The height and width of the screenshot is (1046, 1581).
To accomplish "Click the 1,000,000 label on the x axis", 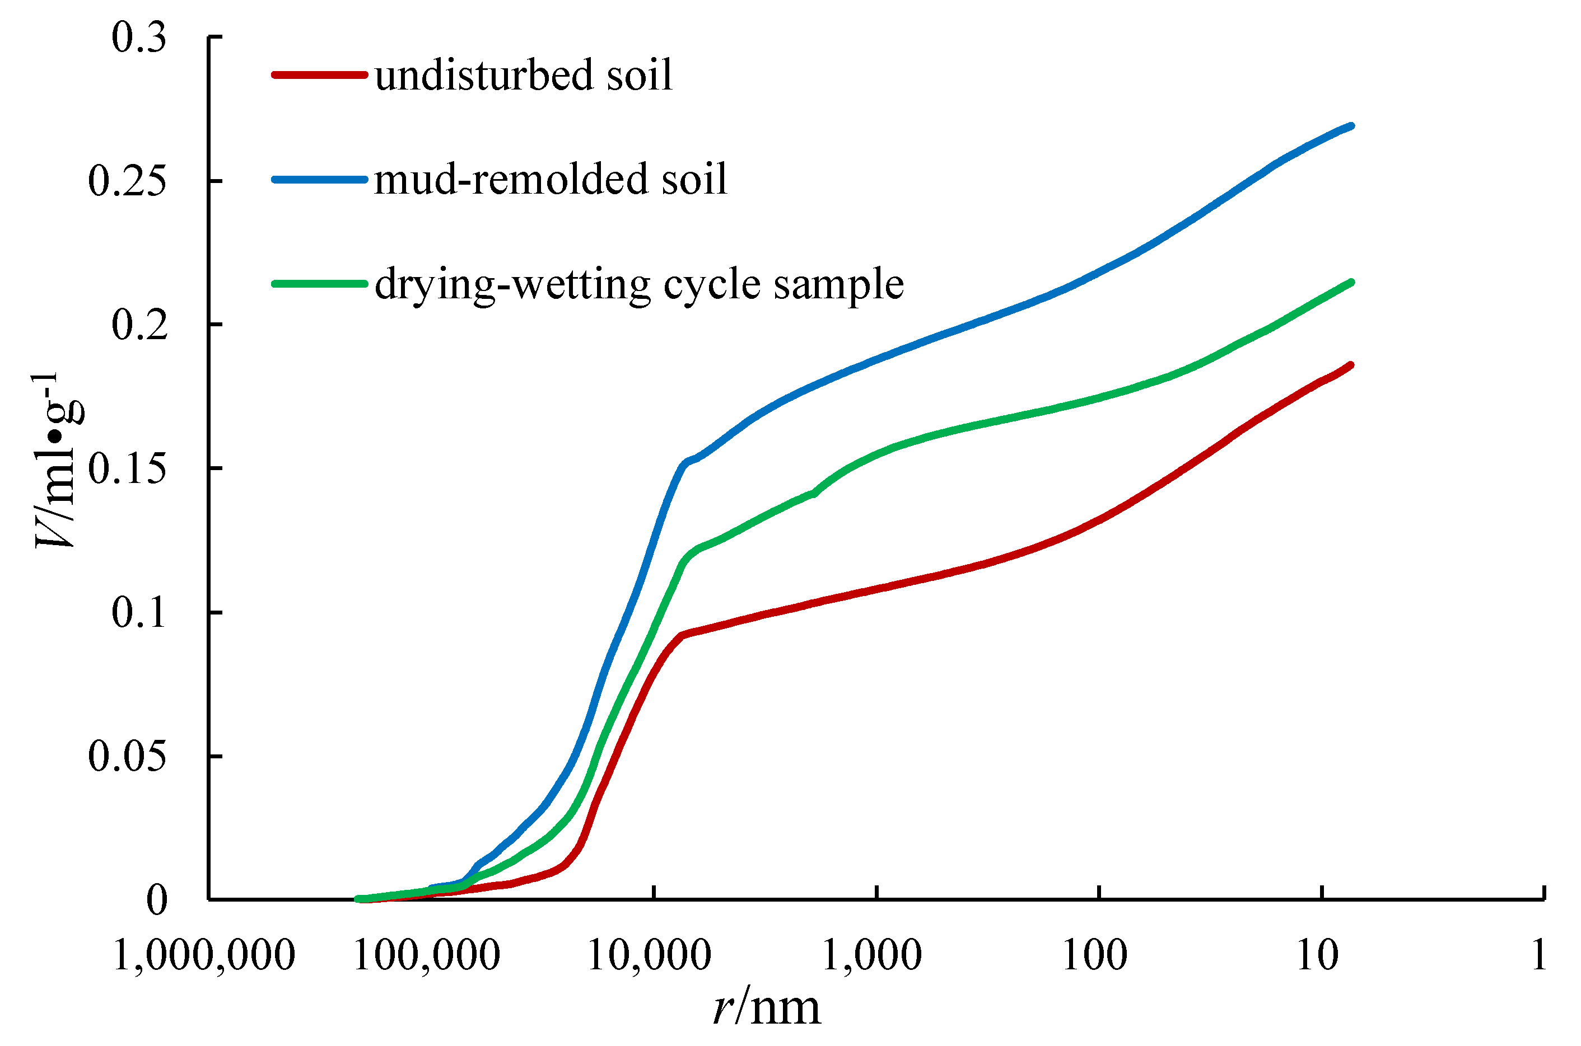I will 204,955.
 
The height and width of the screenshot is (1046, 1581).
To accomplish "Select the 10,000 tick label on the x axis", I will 649,955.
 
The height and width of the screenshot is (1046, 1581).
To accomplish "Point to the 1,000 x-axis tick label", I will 871,955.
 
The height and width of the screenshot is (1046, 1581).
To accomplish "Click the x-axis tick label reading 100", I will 1094,955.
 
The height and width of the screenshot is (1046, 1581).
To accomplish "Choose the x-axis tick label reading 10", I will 1317,955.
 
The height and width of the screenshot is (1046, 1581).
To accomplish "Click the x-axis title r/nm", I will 767,1007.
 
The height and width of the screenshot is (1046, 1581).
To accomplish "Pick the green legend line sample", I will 319,284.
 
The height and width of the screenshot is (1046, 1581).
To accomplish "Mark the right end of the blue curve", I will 1351,125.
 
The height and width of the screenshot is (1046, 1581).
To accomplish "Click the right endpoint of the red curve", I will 1351,365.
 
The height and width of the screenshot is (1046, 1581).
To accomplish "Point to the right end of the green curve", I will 1351,282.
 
